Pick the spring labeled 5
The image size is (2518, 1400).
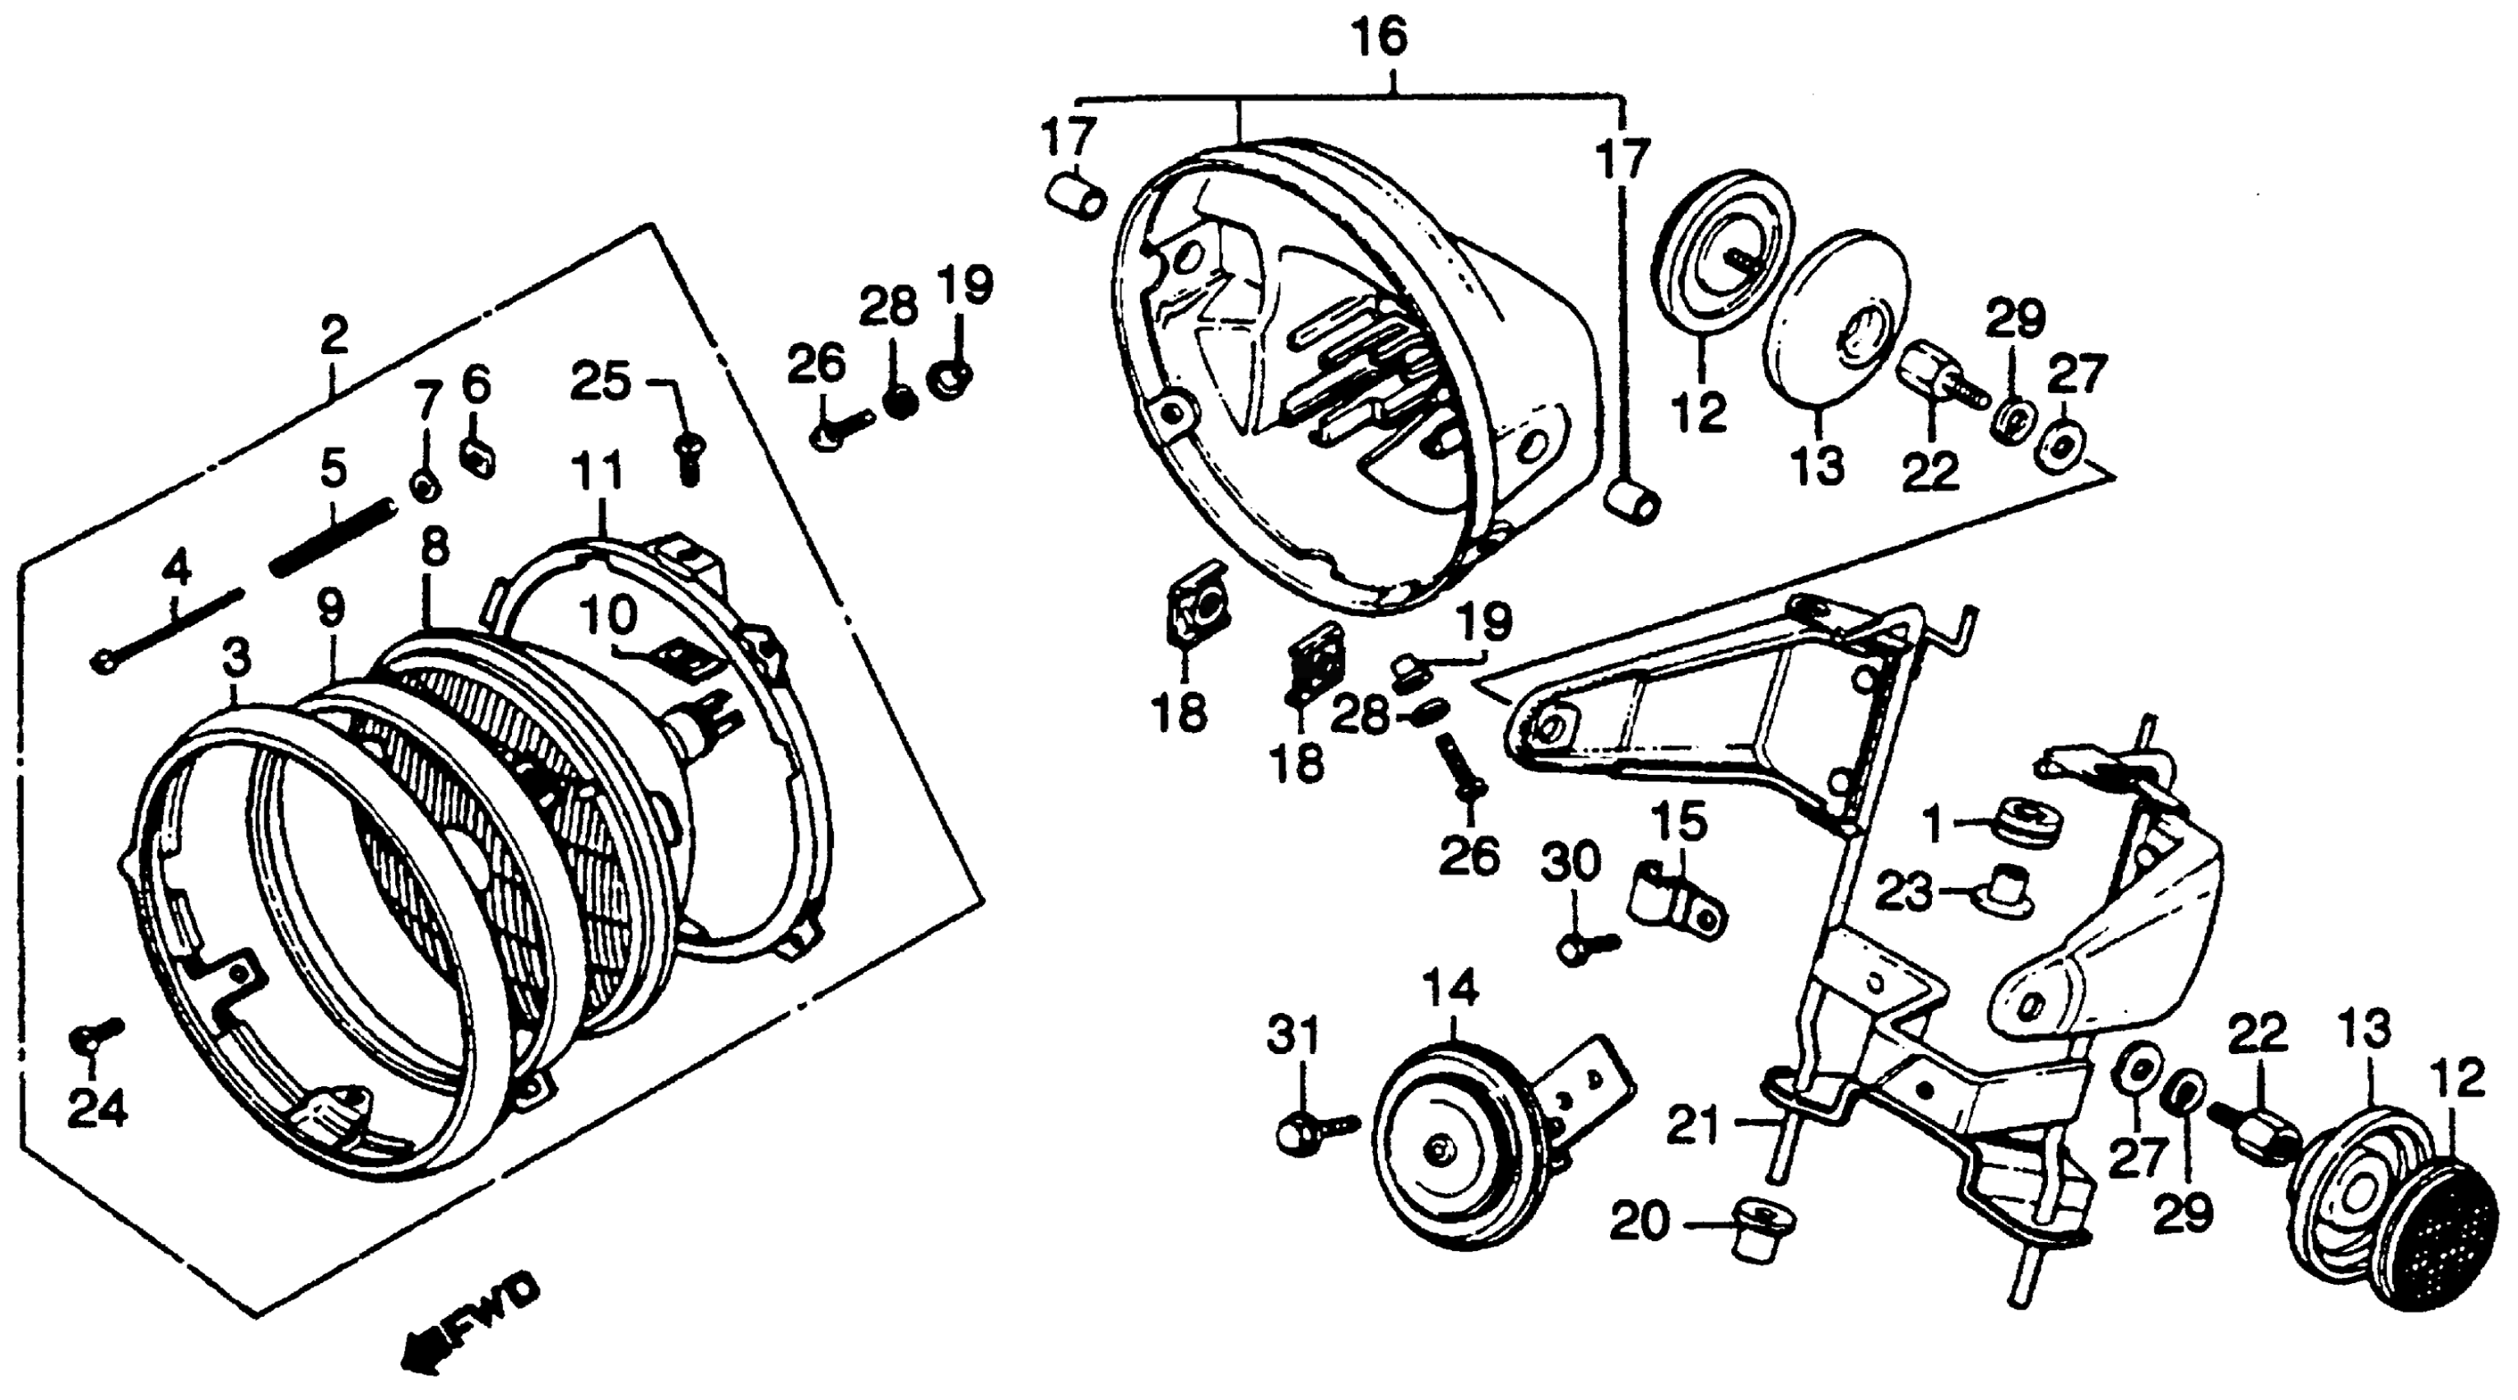coord(333,537)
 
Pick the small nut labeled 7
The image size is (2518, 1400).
coord(426,485)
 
